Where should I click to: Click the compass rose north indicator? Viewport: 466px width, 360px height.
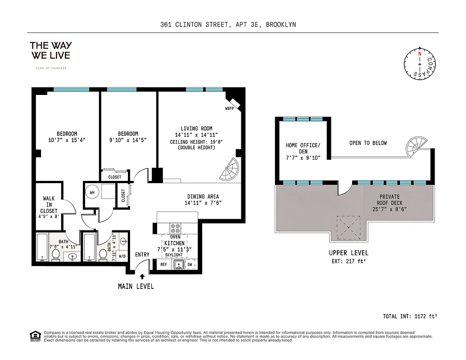[x=420, y=54]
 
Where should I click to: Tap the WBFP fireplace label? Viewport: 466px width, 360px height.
[x=231, y=109]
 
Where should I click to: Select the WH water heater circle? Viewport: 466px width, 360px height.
[x=92, y=192]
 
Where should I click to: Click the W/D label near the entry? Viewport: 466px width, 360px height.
[x=122, y=256]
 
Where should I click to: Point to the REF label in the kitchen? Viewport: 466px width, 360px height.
[x=164, y=265]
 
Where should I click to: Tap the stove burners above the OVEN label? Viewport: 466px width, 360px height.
[x=176, y=228]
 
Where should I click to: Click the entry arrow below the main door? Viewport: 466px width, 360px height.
[x=143, y=277]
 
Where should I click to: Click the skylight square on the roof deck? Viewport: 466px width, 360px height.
[x=348, y=227]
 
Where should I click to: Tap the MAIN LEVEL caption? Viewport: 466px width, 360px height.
[x=136, y=286]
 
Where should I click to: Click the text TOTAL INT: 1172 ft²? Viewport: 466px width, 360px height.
[x=410, y=316]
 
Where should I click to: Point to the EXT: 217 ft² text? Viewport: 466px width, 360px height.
[x=348, y=261]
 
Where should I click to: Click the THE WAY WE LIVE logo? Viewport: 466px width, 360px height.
[x=50, y=50]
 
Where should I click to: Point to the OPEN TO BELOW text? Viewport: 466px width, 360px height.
[x=368, y=143]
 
